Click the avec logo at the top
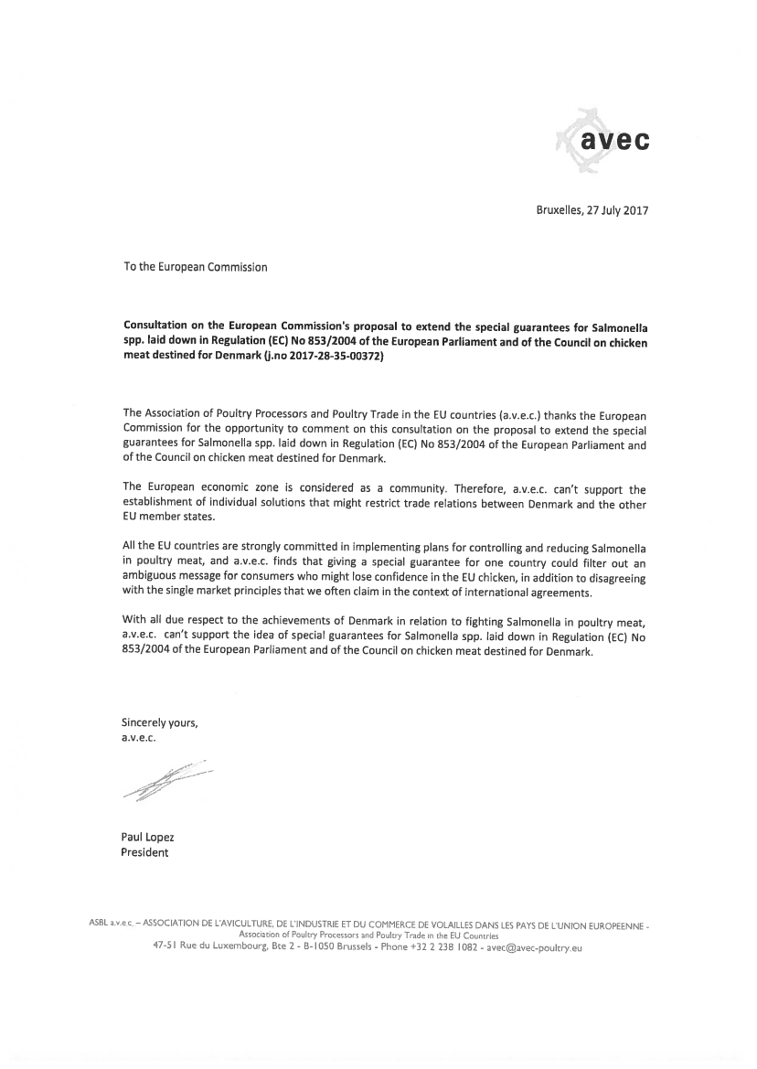click(x=605, y=141)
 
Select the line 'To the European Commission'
click(x=196, y=267)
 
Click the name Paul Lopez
click(x=147, y=837)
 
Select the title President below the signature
click(x=144, y=852)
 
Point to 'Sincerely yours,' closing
click(x=159, y=722)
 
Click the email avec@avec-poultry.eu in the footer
click(x=534, y=948)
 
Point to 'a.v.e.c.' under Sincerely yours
click(x=139, y=738)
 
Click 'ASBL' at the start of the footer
click(x=98, y=924)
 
